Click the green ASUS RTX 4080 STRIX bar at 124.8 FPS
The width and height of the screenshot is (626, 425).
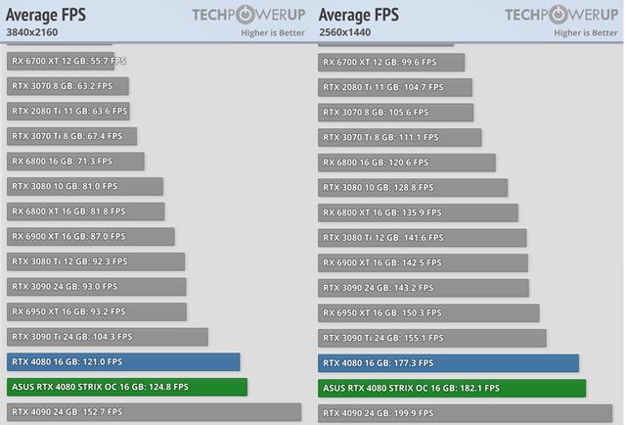click(126, 387)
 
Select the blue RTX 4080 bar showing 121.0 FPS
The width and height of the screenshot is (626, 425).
click(122, 362)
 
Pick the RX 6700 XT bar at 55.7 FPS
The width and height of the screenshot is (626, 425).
click(67, 61)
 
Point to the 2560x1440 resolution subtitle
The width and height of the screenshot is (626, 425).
click(347, 32)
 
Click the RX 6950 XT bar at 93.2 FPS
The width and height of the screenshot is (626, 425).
click(96, 311)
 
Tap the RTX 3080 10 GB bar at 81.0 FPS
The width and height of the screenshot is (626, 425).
click(84, 186)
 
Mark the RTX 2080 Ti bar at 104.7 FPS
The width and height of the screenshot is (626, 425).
click(395, 86)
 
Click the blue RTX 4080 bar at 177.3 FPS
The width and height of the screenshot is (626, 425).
click(448, 362)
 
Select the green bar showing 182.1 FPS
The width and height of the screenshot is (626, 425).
click(452, 388)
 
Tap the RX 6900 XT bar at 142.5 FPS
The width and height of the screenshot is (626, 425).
click(423, 261)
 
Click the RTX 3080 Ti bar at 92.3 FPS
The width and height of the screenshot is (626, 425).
click(95, 261)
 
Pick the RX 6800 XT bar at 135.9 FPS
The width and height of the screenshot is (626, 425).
click(418, 212)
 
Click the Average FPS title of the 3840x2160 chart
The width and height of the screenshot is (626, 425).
click(46, 15)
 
